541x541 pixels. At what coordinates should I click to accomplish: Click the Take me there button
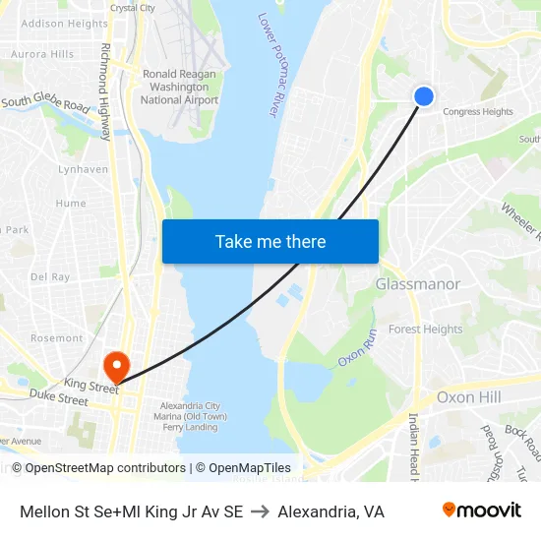[x=270, y=241]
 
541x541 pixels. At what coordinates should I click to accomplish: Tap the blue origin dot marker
[x=424, y=95]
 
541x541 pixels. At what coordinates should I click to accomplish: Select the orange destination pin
[x=116, y=367]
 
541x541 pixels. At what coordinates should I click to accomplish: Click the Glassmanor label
[x=417, y=284]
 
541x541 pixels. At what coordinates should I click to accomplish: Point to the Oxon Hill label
[x=468, y=397]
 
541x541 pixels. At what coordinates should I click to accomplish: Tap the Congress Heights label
[x=478, y=112]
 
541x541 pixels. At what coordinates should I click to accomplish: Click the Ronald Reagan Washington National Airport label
[x=180, y=87]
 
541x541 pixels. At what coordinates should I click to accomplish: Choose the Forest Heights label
[x=426, y=330]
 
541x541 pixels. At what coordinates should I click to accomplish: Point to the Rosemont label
[x=57, y=338]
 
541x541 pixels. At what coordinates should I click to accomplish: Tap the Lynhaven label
[x=83, y=169]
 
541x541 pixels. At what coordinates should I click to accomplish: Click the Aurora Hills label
[x=42, y=54]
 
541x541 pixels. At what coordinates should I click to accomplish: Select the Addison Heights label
[x=64, y=24]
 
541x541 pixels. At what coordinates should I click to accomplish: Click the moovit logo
[x=481, y=510]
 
